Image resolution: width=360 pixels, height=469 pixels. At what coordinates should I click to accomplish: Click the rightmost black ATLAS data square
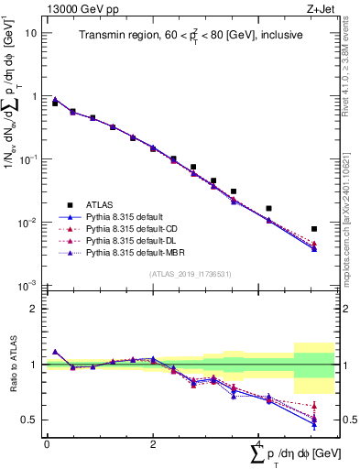pyautogui.click(x=314, y=229)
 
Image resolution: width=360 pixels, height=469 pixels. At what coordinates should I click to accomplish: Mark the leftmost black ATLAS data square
pyautogui.click(x=55, y=104)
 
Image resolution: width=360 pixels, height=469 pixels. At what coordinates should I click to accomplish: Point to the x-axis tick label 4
pyautogui.click(x=259, y=443)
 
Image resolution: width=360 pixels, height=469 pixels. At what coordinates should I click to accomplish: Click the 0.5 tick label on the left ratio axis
pyautogui.click(x=28, y=420)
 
